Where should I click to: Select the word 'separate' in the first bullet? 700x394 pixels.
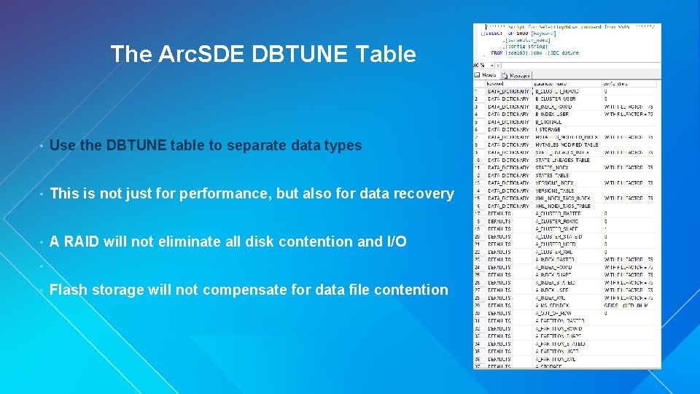pos(253,145)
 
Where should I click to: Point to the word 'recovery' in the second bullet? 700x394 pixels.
pos(425,193)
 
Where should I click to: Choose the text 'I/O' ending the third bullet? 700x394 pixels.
pos(396,242)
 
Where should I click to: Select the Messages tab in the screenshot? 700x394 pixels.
pos(519,74)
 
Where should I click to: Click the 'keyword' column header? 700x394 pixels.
pos(495,84)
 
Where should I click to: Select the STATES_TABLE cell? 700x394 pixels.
pos(553,175)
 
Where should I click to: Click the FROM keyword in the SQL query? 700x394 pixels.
pos(497,53)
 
